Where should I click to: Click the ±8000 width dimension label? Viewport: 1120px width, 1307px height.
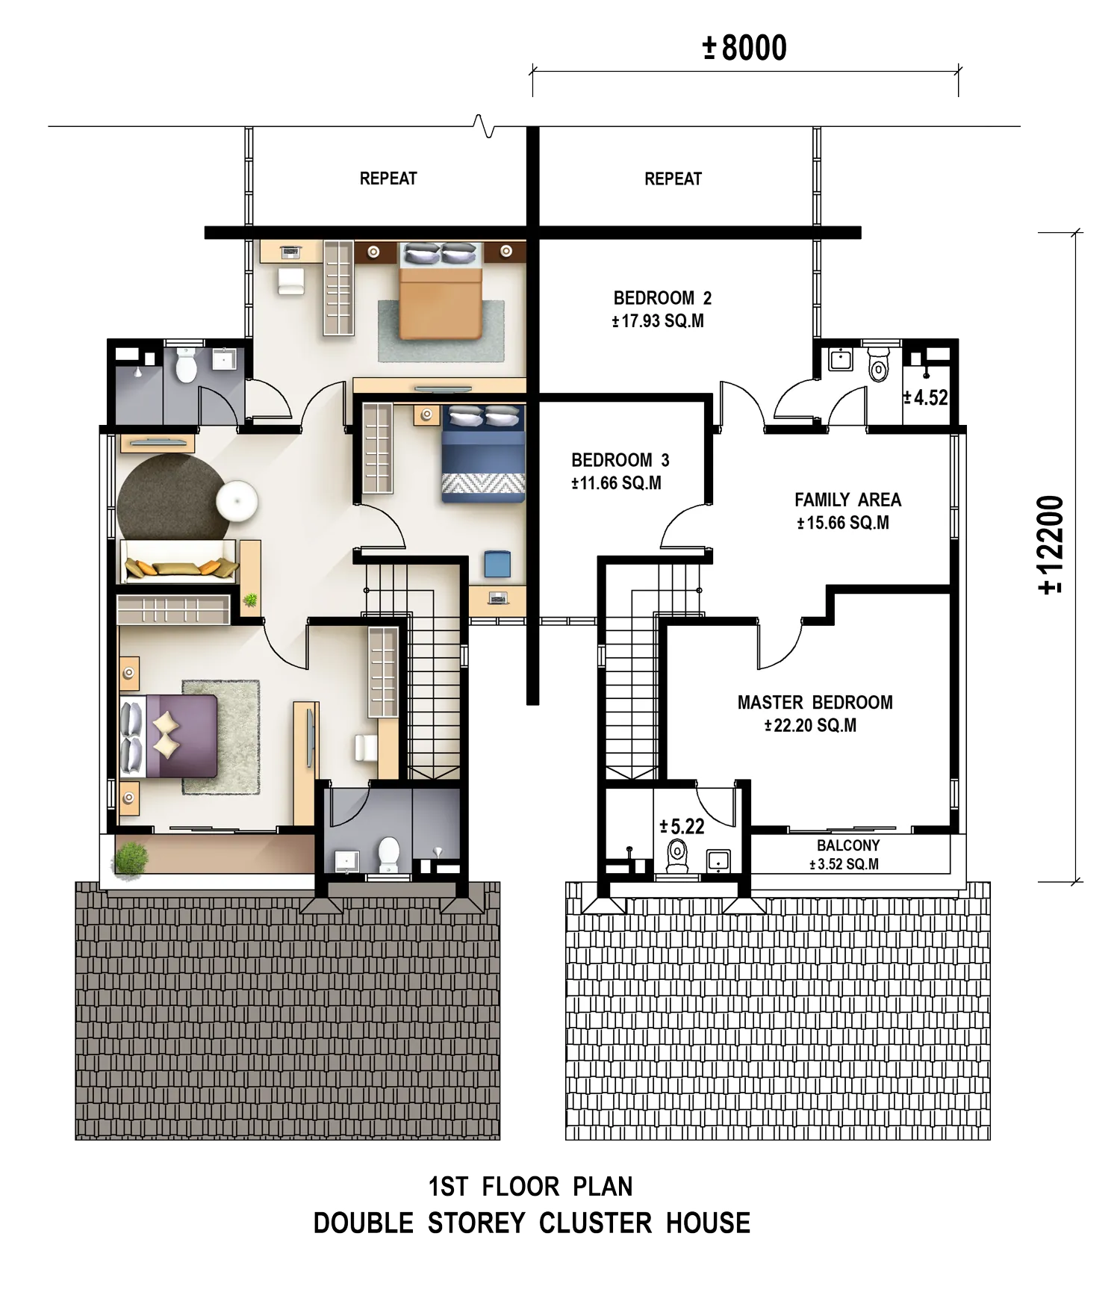pyautogui.click(x=744, y=48)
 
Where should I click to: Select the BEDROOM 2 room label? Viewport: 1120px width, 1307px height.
pyautogui.click(x=662, y=298)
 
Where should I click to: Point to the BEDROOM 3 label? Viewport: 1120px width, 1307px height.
pyautogui.click(x=620, y=460)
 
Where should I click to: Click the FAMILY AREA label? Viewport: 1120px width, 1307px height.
pyautogui.click(x=847, y=500)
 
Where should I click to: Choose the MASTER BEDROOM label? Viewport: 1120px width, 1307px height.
pyautogui.click(x=815, y=702)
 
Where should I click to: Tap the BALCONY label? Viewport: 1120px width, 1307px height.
pyautogui.click(x=848, y=845)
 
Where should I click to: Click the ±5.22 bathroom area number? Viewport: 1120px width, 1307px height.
pyautogui.click(x=682, y=826)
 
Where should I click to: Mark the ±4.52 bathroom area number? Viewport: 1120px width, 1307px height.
pyautogui.click(x=925, y=397)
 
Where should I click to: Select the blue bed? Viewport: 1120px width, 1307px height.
pyautogui.click(x=483, y=454)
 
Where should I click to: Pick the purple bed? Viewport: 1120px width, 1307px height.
pyautogui.click(x=169, y=736)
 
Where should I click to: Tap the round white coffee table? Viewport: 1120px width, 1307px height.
pyautogui.click(x=237, y=501)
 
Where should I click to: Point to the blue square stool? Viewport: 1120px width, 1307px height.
pyautogui.click(x=497, y=564)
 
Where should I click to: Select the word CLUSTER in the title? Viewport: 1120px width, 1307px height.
pyautogui.click(x=596, y=1223)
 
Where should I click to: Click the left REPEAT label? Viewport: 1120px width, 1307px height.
pyautogui.click(x=388, y=178)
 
